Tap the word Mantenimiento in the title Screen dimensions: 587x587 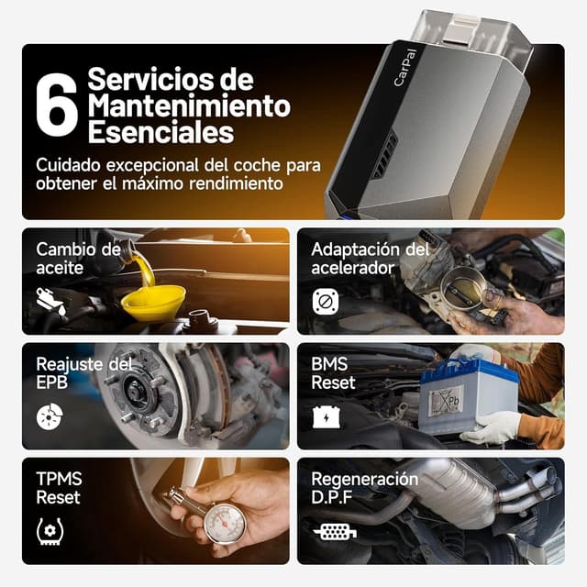coord(188,105)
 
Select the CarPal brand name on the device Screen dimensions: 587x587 coord(405,69)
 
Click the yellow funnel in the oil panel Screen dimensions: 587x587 coord(153,302)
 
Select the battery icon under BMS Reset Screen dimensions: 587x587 coord(325,417)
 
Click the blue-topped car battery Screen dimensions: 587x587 coord(468,394)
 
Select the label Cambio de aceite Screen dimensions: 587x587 coord(78,259)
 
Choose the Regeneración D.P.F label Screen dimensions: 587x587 coord(364,489)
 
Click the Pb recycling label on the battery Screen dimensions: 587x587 coord(444,401)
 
